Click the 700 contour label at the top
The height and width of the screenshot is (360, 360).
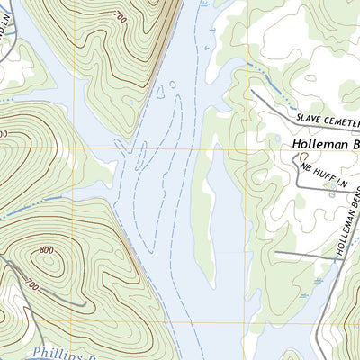pyautogui.click(x=120, y=16)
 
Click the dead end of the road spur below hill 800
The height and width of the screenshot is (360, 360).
pyautogui.click(x=85, y=306)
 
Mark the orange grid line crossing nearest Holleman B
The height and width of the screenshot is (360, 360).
pyautogui.click(x=248, y=148)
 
